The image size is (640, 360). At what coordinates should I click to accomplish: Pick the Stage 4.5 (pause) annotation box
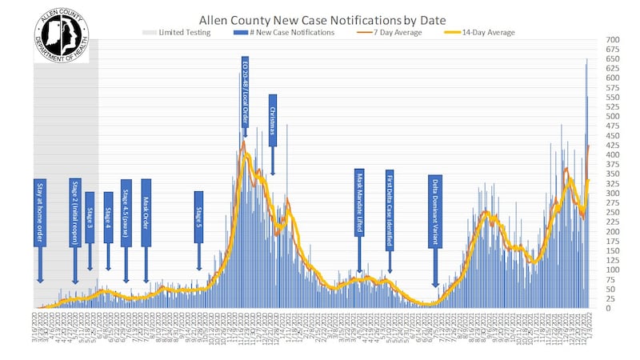pos(126,213)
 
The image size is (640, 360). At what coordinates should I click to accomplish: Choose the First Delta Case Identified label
pos(390,200)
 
